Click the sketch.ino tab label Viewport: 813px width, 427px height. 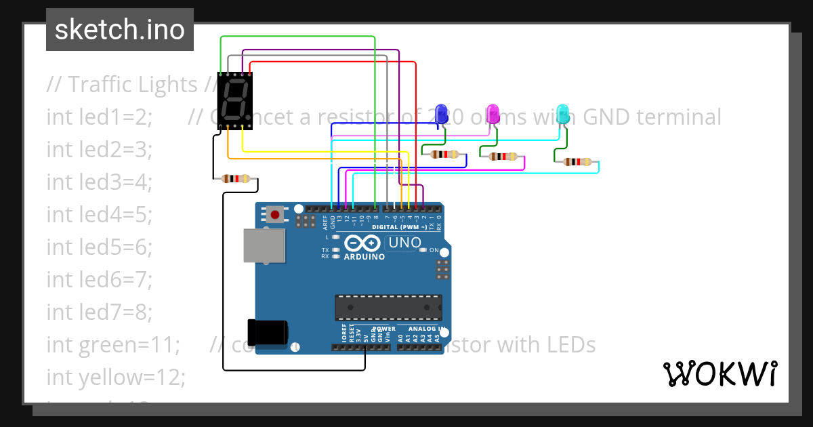pyautogui.click(x=119, y=30)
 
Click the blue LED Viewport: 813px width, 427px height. pyautogui.click(x=441, y=113)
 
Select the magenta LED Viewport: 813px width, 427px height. pyautogui.click(x=493, y=114)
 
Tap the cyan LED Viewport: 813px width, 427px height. pyautogui.click(x=562, y=114)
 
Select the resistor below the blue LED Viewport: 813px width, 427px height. pyautogui.click(x=444, y=155)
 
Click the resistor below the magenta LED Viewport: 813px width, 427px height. pyautogui.click(x=503, y=157)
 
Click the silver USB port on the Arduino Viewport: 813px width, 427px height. pyautogui.click(x=265, y=245)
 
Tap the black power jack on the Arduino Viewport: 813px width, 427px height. pyautogui.click(x=268, y=331)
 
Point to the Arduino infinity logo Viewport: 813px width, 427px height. pyautogui.click(x=363, y=243)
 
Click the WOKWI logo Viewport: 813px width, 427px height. pyautogui.click(x=720, y=373)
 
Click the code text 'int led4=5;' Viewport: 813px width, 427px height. pyautogui.click(x=99, y=214)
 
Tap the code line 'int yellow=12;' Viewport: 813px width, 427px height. pyautogui.click(x=115, y=377)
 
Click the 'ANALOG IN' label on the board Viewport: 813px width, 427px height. pyautogui.click(x=427, y=329)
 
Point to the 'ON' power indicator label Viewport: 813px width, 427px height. pyautogui.click(x=434, y=250)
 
